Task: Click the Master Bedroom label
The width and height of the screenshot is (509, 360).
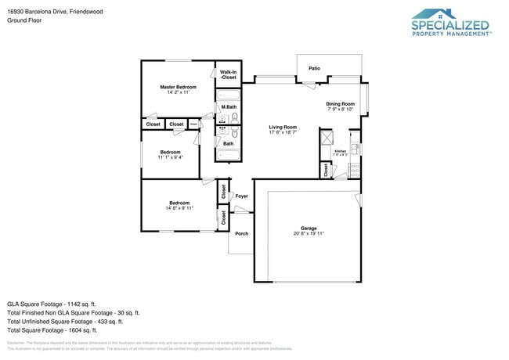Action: tap(178, 87)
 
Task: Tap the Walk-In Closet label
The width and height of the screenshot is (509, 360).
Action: tap(228, 75)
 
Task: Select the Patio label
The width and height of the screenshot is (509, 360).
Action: tap(314, 68)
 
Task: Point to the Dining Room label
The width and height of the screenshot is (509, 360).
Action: tap(341, 103)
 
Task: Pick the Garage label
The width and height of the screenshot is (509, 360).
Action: tap(309, 228)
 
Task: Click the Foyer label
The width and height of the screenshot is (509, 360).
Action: tap(241, 196)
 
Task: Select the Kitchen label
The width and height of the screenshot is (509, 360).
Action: tap(340, 150)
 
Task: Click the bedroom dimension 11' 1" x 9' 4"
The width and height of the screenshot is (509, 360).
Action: tap(170, 157)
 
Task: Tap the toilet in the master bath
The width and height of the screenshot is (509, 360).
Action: tap(235, 119)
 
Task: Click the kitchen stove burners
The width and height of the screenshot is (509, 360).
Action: tap(355, 167)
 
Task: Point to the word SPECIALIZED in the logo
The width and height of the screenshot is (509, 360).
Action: tap(450, 26)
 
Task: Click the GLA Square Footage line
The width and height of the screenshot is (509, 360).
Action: tap(52, 303)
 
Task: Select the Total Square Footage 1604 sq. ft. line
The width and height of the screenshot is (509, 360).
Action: tap(52, 330)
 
